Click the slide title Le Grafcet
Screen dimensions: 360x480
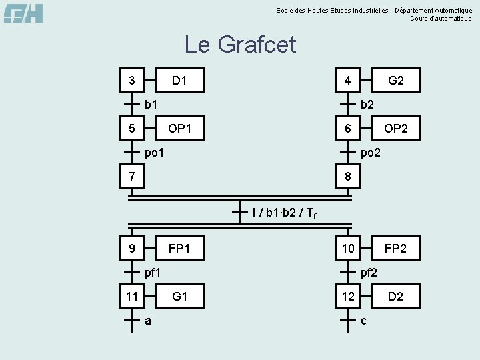tap(240, 45)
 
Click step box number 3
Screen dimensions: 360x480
tap(132, 81)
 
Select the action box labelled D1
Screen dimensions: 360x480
tap(179, 81)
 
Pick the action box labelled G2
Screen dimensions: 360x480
tap(396, 81)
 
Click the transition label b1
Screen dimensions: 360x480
tap(151, 104)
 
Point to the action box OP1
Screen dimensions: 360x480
tap(179, 128)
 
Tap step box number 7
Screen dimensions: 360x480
tap(132, 177)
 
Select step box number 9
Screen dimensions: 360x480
tap(132, 249)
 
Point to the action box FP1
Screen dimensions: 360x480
tap(179, 249)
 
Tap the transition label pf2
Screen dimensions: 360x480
tap(369, 272)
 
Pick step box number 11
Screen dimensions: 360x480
tap(132, 296)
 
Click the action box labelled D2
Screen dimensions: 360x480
tap(396, 296)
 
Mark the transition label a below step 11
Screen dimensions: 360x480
tap(148, 320)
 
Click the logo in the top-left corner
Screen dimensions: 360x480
tap(23, 13)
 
